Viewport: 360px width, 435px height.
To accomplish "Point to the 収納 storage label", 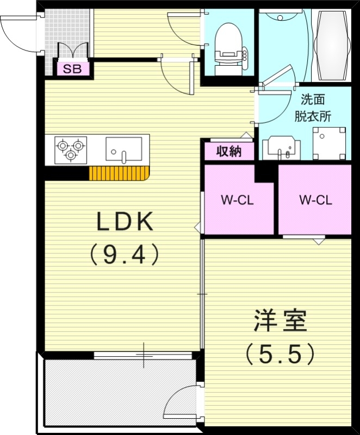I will pos(229,151).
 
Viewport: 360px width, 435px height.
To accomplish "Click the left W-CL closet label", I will pos(237,200).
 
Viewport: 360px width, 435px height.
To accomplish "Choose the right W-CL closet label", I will pos(315,200).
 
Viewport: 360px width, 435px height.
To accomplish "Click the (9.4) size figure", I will pos(125,253).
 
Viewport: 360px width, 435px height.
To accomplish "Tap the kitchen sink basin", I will pos(123,149).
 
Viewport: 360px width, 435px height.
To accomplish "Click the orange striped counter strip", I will pos(119,173).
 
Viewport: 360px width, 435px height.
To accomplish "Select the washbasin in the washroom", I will pos(281,147).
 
